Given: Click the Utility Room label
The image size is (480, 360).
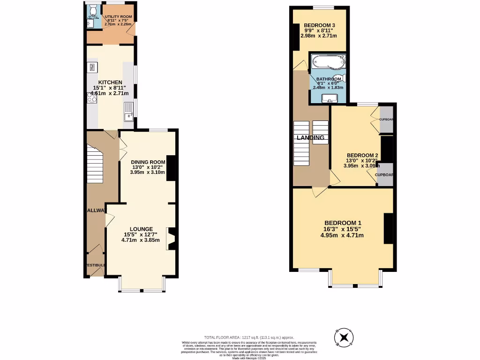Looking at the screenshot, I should (119, 17).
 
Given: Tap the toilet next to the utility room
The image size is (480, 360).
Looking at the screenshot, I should (92, 9).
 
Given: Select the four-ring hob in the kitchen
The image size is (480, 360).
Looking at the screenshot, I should (91, 97).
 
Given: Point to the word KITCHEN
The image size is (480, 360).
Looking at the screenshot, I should (110, 82).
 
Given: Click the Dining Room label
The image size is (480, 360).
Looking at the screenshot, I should (148, 162).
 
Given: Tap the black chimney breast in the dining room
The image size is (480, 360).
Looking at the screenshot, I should (171, 168).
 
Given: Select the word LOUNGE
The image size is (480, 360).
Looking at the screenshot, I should (142, 229).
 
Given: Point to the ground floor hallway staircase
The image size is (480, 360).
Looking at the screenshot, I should (95, 164).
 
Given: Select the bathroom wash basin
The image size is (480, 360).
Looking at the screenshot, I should (329, 98).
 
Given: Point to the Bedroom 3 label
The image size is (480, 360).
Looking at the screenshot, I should (319, 25).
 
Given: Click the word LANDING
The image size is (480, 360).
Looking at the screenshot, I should (310, 138).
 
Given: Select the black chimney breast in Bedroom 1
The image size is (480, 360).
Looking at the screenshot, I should (389, 228).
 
